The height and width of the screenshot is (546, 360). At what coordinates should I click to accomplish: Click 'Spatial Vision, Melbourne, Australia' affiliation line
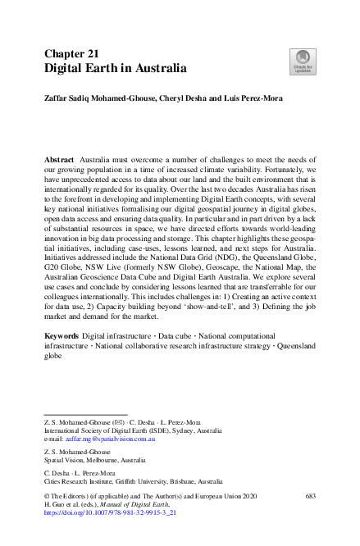tap(98, 460)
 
